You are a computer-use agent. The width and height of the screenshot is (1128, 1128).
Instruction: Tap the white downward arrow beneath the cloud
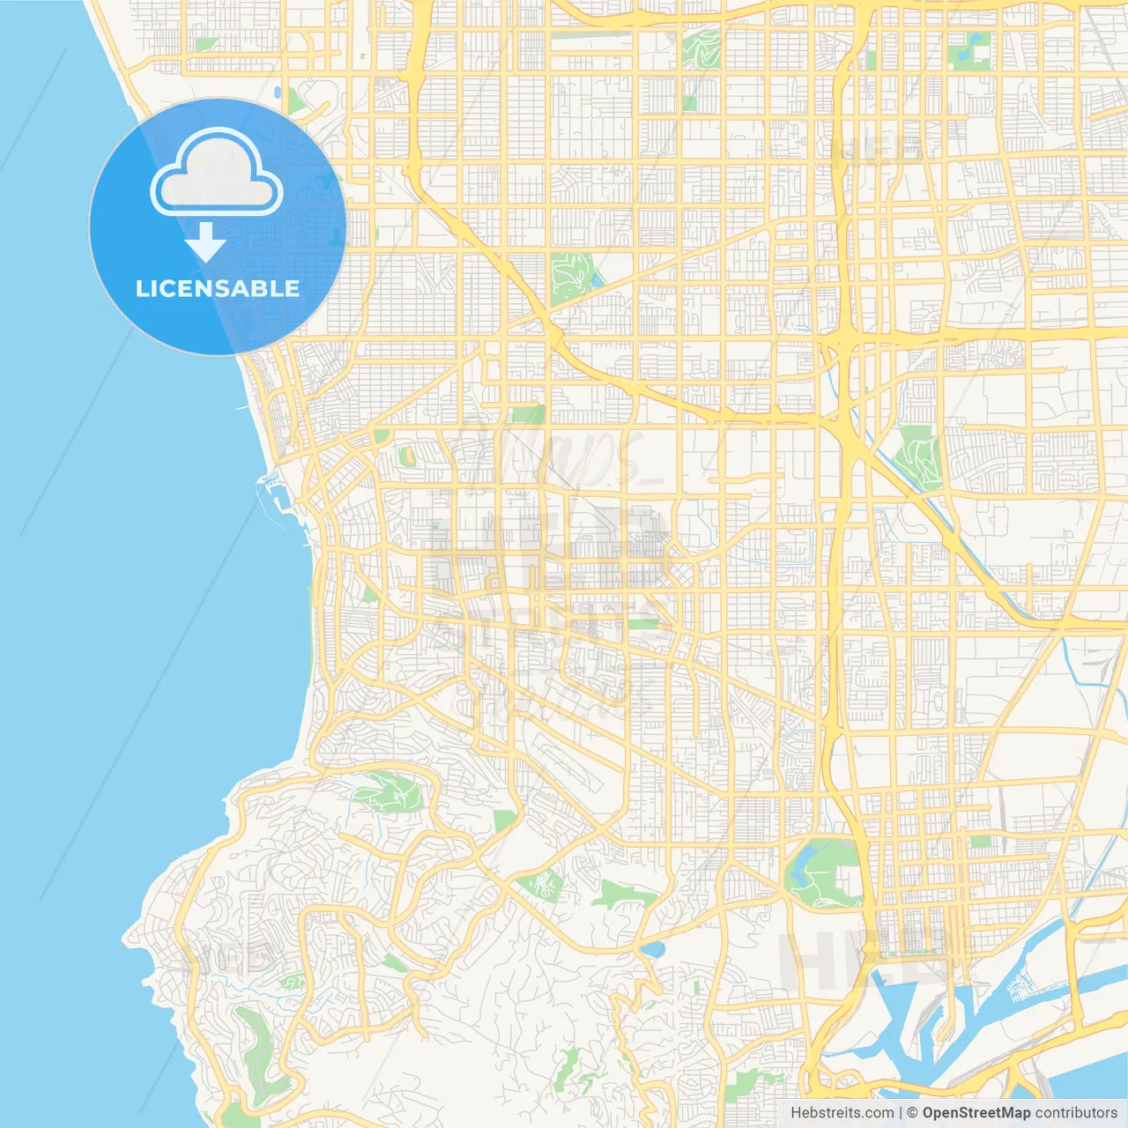pyautogui.click(x=205, y=241)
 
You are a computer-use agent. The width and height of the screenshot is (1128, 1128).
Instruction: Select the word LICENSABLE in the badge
pyautogui.click(x=218, y=288)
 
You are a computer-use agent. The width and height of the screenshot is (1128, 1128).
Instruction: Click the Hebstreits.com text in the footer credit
pyautogui.click(x=842, y=1113)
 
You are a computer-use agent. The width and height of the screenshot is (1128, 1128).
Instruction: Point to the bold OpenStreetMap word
pyautogui.click(x=976, y=1113)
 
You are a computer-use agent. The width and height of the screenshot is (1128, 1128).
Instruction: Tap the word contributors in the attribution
pyautogui.click(x=1076, y=1113)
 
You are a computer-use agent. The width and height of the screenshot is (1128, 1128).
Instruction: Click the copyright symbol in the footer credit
pyautogui.click(x=913, y=1113)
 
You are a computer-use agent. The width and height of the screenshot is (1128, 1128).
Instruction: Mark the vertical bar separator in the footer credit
pyautogui.click(x=901, y=1113)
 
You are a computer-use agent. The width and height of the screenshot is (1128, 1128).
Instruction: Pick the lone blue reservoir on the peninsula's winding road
pyautogui.click(x=653, y=948)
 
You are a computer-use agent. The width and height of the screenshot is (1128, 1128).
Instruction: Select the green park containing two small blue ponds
pyautogui.click(x=970, y=49)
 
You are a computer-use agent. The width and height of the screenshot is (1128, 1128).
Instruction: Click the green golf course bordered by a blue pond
pyautogui.click(x=571, y=275)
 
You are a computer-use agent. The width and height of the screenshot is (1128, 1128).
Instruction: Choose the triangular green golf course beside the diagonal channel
pyautogui.click(x=918, y=456)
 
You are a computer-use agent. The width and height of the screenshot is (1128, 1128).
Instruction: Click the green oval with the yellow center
pyautogui.click(x=406, y=456)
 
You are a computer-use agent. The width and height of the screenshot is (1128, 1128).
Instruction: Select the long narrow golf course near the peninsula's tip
pyautogui.click(x=251, y=1044)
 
